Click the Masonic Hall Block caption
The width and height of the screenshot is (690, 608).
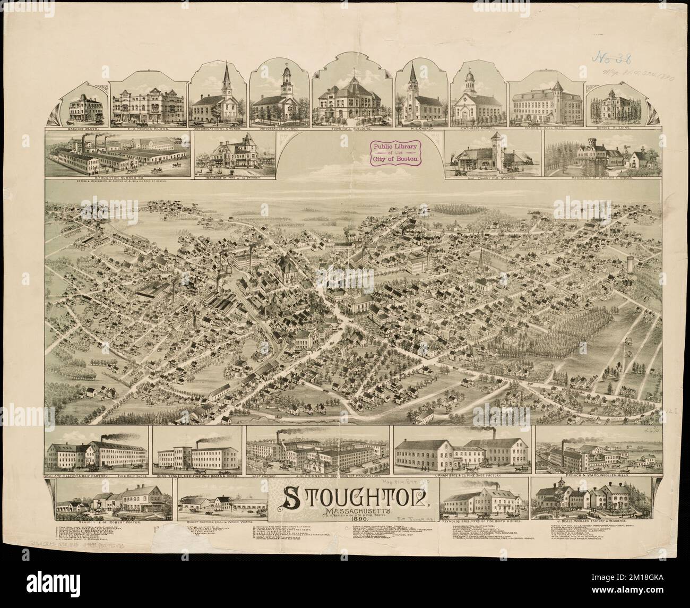[545, 128]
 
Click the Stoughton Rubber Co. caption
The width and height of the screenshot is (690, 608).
[118, 171]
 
